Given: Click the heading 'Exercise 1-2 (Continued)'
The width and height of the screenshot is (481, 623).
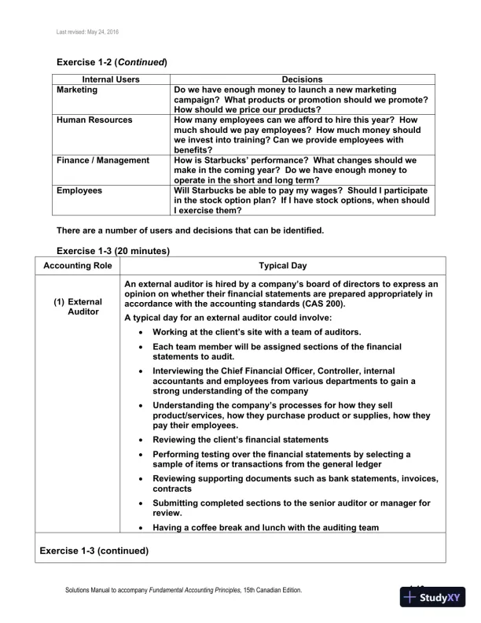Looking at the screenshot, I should (x=112, y=61).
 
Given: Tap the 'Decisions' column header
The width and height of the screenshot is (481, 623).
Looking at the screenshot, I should (x=302, y=79).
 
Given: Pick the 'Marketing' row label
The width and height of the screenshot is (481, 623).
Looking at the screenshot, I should (x=77, y=90).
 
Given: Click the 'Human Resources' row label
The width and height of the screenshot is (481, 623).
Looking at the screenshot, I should (x=94, y=120).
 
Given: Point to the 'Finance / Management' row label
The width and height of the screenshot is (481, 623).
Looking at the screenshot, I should (x=102, y=160).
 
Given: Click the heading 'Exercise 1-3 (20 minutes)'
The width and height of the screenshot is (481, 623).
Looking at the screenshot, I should (x=113, y=251).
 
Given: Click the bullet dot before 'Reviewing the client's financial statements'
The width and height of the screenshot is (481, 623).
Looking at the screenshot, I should (x=139, y=440).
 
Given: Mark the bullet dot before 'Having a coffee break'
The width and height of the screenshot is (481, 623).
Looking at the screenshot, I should (x=139, y=528).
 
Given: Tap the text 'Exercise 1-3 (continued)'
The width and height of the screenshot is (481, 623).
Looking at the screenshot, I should (x=94, y=551).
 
